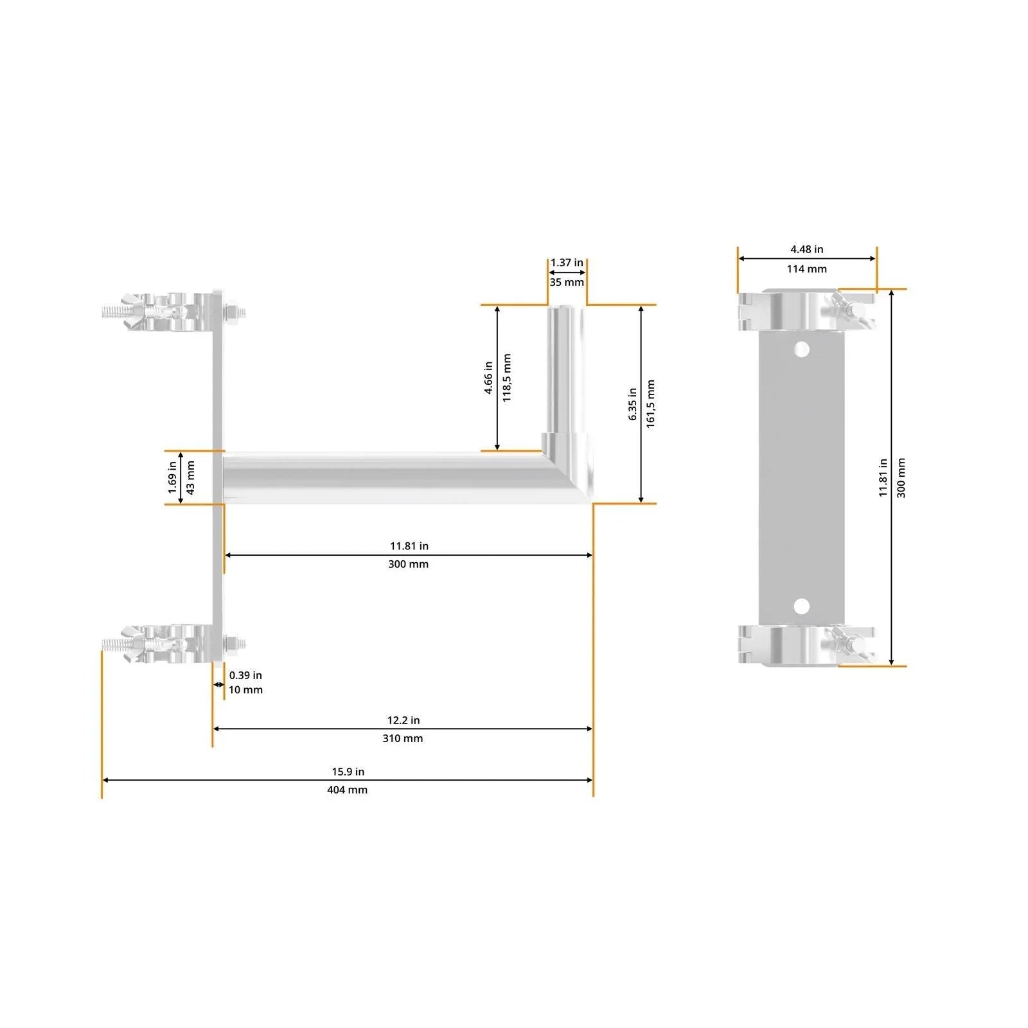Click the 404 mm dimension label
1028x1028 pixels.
point(347,790)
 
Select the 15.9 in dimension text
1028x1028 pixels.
point(348,772)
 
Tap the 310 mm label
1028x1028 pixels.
point(402,738)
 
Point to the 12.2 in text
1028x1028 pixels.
point(403,720)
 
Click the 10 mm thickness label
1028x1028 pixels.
point(245,689)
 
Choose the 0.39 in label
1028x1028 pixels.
point(245,675)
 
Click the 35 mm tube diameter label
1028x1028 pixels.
point(567,282)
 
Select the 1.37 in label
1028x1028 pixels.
point(567,263)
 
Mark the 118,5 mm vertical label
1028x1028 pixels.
point(507,378)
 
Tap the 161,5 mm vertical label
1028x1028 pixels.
point(651,403)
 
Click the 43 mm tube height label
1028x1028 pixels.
point(191,477)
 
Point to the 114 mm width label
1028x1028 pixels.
point(806,269)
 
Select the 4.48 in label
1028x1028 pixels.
point(806,249)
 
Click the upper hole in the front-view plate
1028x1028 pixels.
point(801,350)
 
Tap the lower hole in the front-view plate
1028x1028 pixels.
point(801,606)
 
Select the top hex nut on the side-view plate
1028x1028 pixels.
point(234,313)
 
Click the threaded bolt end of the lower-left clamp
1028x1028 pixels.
point(113,643)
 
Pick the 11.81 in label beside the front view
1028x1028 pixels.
point(883,477)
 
